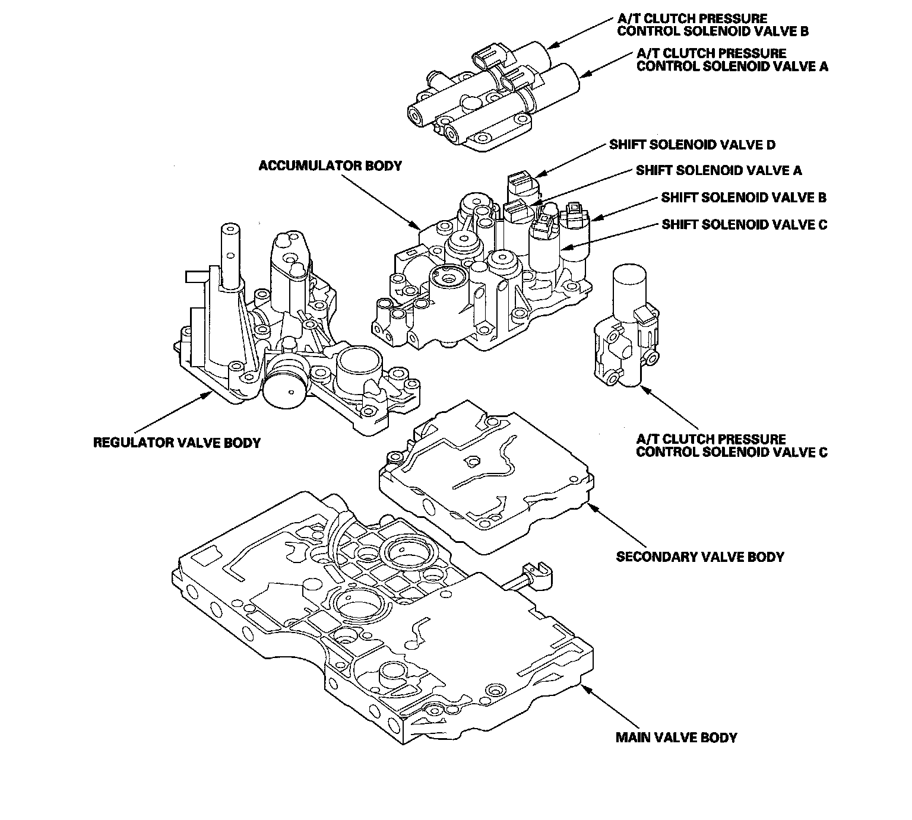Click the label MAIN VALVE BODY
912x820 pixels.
pos(676,738)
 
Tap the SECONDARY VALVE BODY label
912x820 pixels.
pos(700,557)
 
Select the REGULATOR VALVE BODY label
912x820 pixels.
pos(177,443)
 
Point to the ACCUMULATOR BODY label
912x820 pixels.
pos(330,166)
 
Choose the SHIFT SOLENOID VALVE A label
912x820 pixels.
pos(718,171)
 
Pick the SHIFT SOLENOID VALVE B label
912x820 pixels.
pos(744,198)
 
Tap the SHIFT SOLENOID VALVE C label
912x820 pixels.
pos(744,224)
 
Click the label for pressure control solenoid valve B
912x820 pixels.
pos(713,25)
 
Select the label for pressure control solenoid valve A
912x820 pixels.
pos(732,59)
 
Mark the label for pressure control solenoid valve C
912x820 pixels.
pos(731,446)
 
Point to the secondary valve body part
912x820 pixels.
pos(484,475)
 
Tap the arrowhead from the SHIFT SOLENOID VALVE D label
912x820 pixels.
pos(537,176)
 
